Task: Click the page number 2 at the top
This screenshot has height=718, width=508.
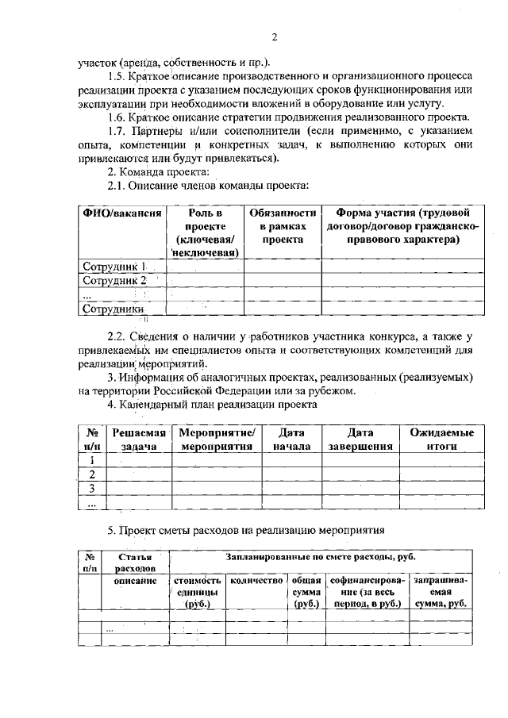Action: click(273, 37)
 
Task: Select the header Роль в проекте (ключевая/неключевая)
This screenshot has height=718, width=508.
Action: click(206, 232)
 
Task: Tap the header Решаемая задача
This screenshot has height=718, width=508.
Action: click(138, 439)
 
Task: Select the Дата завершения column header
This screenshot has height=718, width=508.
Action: click(360, 439)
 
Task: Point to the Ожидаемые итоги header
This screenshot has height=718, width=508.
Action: click(441, 439)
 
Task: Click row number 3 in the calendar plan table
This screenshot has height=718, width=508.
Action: click(92, 487)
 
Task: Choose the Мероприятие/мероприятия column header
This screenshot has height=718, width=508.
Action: click(217, 439)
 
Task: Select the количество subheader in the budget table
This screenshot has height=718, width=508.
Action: click(256, 581)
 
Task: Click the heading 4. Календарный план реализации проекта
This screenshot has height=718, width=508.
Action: click(212, 404)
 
